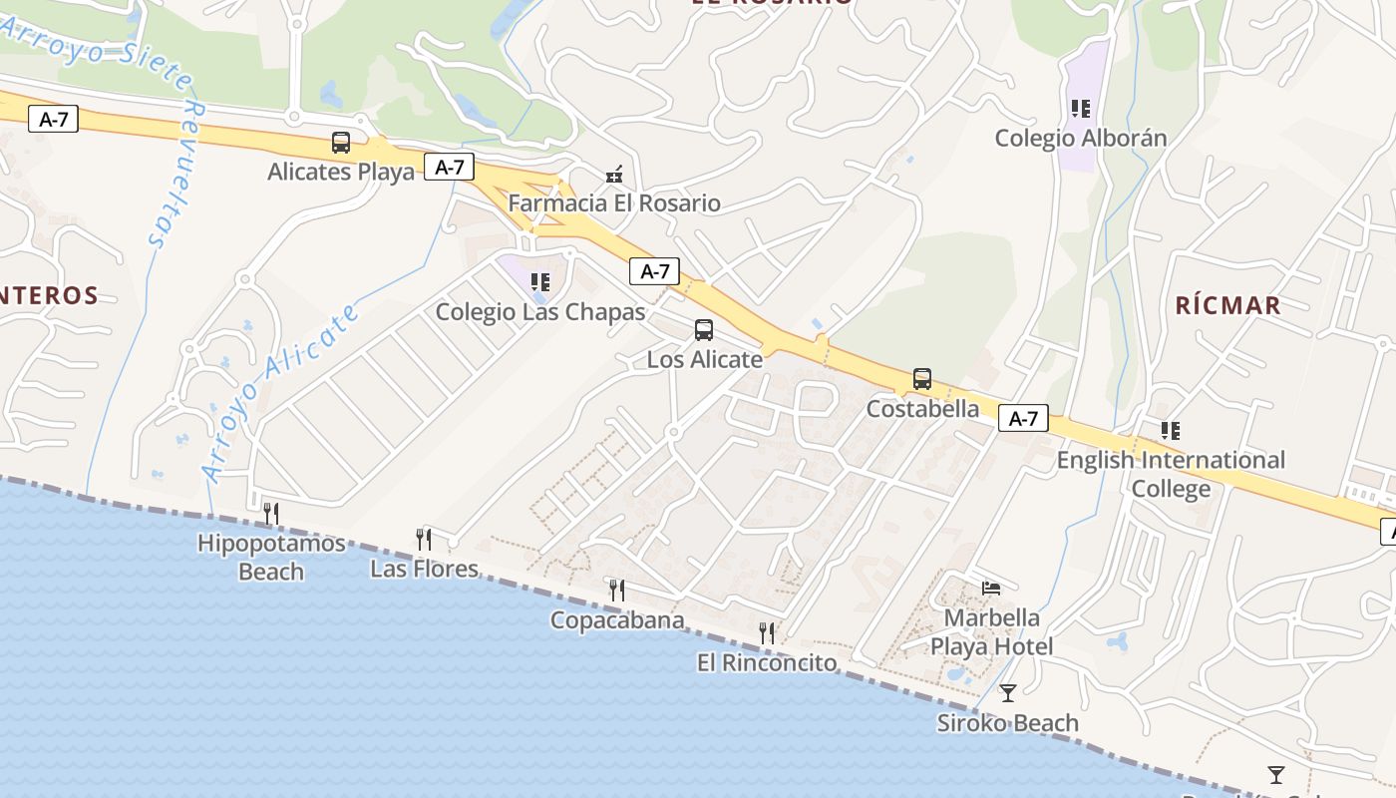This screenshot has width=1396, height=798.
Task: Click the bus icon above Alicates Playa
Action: pos(341,143)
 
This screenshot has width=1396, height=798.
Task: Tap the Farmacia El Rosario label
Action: pos(614,203)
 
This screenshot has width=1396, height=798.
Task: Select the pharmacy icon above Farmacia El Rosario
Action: pos(614,176)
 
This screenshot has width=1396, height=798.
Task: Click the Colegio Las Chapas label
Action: pos(540,312)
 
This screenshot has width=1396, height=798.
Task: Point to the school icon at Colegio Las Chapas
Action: pos(540,282)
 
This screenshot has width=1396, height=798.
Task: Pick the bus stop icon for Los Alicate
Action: pos(704,330)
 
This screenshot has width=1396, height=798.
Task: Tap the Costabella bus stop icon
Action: pos(922,379)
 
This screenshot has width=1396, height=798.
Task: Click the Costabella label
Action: pos(922,409)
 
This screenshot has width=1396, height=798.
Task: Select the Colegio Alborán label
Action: pos(1081,138)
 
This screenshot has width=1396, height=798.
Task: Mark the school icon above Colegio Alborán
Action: pos(1081,108)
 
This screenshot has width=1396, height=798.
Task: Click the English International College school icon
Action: pos(1171,431)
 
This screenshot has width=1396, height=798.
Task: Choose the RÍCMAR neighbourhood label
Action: pos(1227,305)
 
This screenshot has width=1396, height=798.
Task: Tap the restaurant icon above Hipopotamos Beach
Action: pos(270,514)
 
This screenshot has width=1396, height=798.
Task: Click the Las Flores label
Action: pos(424,570)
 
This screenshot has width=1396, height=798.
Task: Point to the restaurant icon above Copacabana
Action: pos(617,591)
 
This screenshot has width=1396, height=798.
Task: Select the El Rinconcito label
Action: pos(766,662)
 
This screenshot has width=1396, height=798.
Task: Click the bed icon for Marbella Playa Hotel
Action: pos(991,588)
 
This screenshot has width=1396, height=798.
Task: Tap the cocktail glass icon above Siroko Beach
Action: pos(1008,692)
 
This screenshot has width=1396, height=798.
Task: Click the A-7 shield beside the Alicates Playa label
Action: pos(449,167)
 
